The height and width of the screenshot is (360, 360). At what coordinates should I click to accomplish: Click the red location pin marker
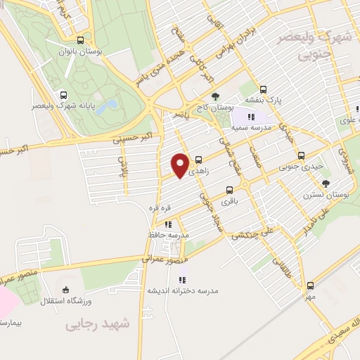pos(181,165)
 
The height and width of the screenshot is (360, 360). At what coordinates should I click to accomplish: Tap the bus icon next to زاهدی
pos(199,159)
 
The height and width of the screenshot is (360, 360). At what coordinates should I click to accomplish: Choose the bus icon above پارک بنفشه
pos(263,89)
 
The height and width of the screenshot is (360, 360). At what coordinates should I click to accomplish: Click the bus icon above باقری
pos(229,190)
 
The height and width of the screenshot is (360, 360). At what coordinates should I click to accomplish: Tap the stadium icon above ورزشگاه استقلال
pos(65,289)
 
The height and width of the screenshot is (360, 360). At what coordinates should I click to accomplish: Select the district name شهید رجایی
pos(98,323)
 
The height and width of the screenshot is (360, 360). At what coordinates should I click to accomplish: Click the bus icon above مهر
pos(310,285)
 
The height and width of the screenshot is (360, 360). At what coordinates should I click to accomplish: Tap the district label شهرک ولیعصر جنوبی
pos(310,45)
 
